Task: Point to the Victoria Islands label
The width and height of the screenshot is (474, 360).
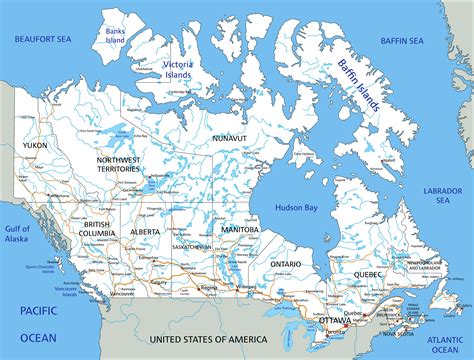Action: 177,69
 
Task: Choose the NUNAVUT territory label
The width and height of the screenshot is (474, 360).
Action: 229,139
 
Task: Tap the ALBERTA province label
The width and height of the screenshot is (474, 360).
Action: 145,231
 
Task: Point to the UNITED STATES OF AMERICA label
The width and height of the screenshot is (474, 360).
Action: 210,340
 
